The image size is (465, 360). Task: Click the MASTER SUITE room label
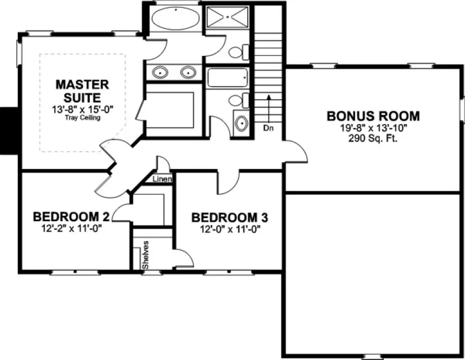[x=82, y=91]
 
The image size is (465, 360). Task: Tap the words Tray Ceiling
[x=82, y=117]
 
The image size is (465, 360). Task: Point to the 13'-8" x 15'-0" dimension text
[x=82, y=110]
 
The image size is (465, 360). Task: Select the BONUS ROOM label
[x=373, y=115]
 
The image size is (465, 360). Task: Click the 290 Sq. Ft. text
[x=373, y=138]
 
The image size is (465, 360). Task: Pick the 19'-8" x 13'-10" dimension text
[x=373, y=128]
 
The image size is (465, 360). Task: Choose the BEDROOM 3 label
[x=230, y=217]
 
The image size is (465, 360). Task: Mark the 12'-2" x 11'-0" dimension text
[x=72, y=228]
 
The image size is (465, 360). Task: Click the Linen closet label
[x=163, y=179]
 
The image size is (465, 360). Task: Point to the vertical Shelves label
[x=146, y=255]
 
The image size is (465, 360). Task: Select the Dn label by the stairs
[x=268, y=128]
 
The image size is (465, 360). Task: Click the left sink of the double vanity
[x=160, y=72]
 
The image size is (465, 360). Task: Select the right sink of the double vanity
[x=188, y=72]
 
